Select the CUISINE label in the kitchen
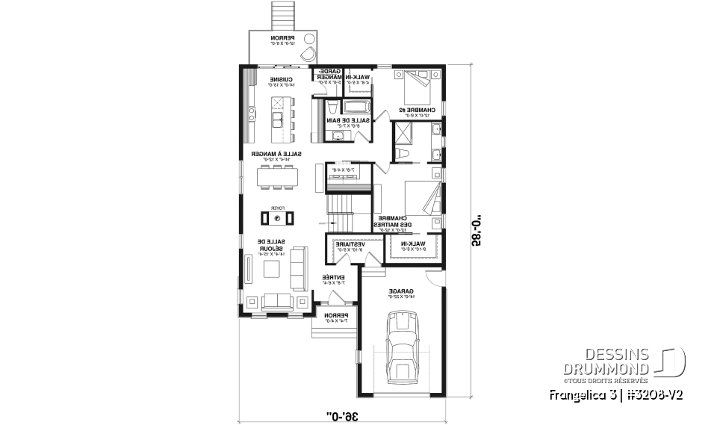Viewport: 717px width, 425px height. coord(281,80)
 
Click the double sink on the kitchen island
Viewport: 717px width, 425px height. coord(276,120)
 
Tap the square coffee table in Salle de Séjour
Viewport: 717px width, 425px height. coord(276,270)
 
